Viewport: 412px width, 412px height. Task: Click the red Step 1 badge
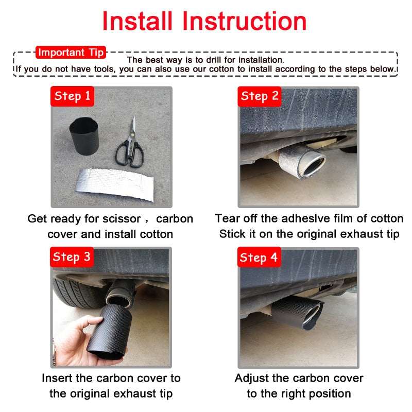[72, 96]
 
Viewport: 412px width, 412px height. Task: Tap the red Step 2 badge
[260, 96]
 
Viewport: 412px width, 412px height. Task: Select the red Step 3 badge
[72, 257]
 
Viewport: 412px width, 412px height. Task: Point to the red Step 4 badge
[259, 257]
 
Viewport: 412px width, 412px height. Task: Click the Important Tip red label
[71, 53]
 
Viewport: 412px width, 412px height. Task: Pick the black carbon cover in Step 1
[84, 136]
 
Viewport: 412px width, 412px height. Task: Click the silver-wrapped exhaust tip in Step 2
[302, 162]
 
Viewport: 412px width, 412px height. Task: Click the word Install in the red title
[137, 21]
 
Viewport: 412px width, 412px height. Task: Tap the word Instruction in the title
[244, 21]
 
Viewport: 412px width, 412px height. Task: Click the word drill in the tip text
[214, 60]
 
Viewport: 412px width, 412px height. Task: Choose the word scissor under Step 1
[122, 219]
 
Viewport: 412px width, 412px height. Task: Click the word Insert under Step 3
[57, 378]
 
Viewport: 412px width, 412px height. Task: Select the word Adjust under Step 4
[252, 379]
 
